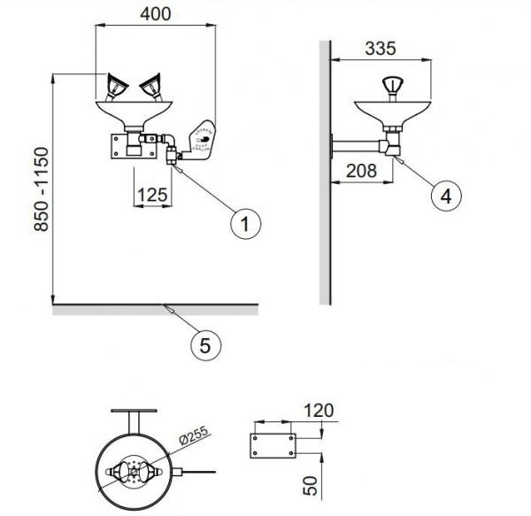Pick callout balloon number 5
(x=204, y=346)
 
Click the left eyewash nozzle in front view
(x=114, y=87)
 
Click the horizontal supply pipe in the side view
(x=357, y=141)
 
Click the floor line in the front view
(x=155, y=309)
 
